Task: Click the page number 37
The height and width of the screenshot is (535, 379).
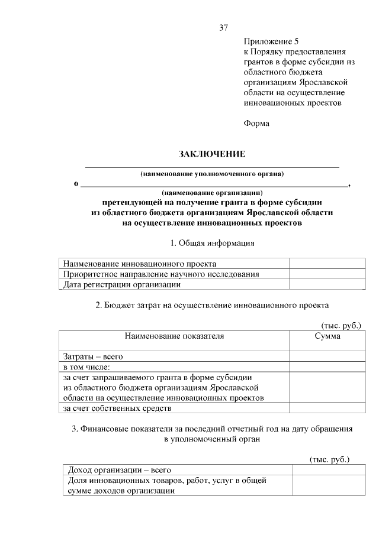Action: point(223,28)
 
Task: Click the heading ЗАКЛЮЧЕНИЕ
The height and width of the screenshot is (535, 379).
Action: point(212,154)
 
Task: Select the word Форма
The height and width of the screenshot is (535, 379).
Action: point(256,123)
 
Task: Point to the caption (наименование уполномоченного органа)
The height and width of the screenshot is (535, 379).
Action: point(212,174)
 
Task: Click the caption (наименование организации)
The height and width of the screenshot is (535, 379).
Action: point(212,193)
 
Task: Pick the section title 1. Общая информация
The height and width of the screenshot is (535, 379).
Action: point(212,243)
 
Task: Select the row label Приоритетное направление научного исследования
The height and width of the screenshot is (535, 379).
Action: point(161,274)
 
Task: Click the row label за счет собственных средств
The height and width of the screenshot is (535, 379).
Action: point(117,408)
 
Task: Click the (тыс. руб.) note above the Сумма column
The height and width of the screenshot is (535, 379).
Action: point(341,325)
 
